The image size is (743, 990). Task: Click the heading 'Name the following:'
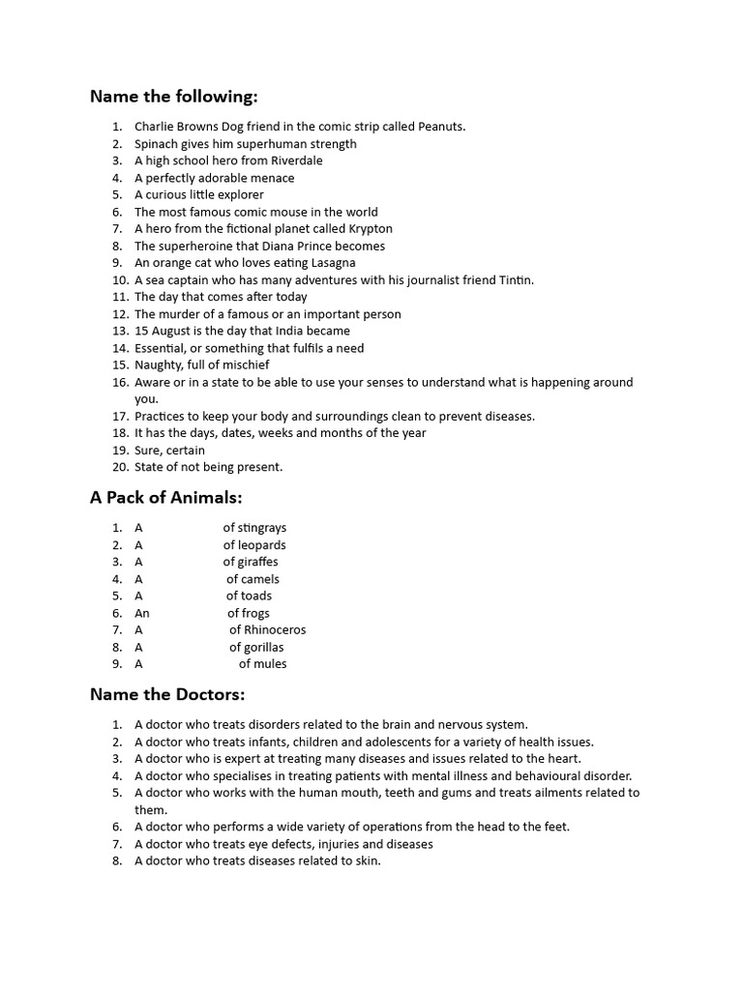coord(174,96)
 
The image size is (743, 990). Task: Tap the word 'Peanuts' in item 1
coord(441,127)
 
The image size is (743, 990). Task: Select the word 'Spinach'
coord(157,144)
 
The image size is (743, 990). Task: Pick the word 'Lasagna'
coord(331,263)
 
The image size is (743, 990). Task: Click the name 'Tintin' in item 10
coord(513,280)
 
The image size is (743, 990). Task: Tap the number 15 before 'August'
coord(141,331)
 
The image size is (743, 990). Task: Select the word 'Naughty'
coord(159,365)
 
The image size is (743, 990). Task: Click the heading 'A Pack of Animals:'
coord(165,498)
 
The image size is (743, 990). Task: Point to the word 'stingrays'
coord(262,528)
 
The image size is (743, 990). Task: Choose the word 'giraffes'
coord(257,562)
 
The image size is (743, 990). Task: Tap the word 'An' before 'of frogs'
coord(142,613)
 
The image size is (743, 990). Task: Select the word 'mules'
coord(270,664)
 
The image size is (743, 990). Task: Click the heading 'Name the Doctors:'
coord(167,694)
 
